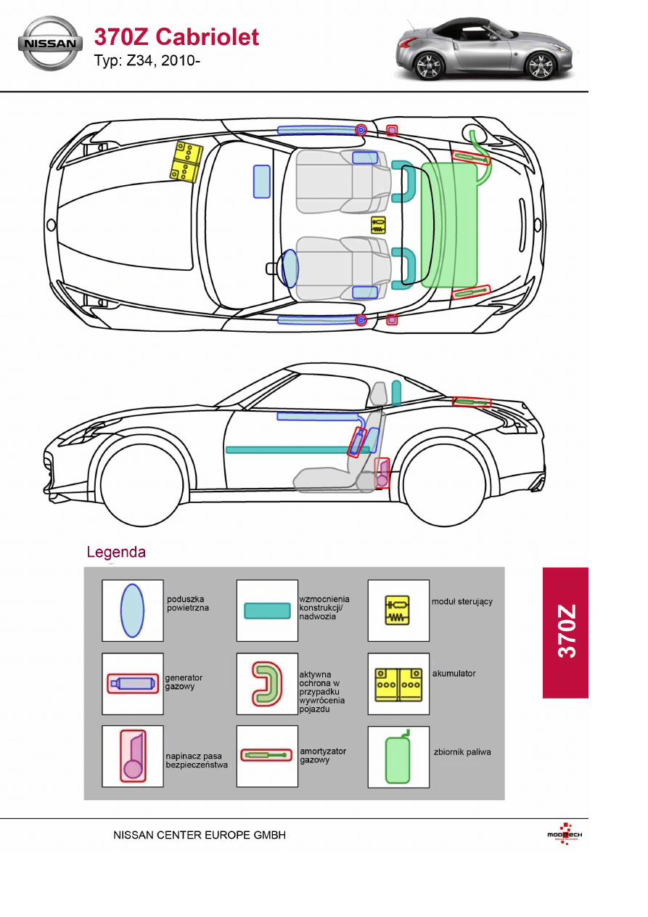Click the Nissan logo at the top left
[50, 44]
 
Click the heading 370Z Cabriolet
[176, 36]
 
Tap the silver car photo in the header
[484, 48]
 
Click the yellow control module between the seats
[378, 224]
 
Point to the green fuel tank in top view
[449, 224]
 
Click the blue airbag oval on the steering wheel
[290, 268]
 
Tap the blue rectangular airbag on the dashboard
[261, 181]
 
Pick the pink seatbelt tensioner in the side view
[382, 473]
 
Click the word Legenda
[116, 552]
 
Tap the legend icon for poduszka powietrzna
[132, 611]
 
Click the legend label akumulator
[454, 674]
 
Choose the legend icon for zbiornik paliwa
[398, 757]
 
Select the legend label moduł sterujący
[462, 602]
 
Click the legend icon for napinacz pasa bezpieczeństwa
[132, 757]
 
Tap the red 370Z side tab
[565, 632]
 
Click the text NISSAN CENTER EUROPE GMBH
[200, 836]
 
